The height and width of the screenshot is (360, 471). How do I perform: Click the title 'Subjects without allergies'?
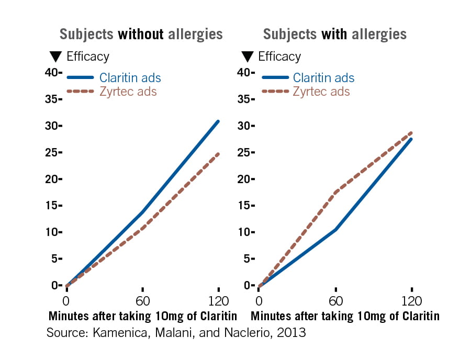tap(141, 35)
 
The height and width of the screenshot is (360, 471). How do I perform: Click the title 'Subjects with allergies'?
tap(334, 35)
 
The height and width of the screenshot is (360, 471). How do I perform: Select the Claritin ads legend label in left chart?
tap(130, 78)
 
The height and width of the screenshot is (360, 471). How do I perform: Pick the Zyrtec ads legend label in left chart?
tap(128, 92)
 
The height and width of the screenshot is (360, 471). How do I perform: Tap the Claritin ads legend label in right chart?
tap(323, 78)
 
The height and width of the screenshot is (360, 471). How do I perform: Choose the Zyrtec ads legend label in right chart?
tap(321, 92)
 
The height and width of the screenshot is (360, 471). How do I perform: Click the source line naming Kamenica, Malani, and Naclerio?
tap(176, 333)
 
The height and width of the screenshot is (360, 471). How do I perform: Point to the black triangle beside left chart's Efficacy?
tap(55, 57)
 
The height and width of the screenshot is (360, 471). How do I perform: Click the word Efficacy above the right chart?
tap(279, 57)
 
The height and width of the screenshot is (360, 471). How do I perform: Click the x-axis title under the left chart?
tap(143, 316)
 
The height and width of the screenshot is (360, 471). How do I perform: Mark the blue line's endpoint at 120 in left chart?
tap(218, 121)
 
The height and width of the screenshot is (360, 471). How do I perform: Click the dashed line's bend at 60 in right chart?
tap(335, 192)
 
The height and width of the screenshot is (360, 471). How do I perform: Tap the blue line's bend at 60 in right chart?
tap(335, 229)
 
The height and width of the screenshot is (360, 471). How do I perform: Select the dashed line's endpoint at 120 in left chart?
tap(218, 154)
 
